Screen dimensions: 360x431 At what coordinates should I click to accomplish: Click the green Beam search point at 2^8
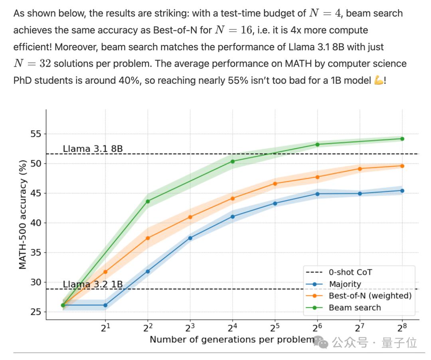402,139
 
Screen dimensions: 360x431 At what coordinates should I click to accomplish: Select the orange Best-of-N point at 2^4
233,198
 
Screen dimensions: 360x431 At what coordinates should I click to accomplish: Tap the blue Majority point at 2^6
318,194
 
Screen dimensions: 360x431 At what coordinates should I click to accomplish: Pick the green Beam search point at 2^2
148,202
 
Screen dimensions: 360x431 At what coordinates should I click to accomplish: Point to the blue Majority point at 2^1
105,305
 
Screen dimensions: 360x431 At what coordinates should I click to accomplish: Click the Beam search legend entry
354,308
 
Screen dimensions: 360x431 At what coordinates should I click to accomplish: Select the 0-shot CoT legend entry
350,273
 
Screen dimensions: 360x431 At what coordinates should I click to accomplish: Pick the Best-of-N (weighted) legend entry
370,296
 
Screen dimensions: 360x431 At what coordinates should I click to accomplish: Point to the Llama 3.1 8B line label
93,149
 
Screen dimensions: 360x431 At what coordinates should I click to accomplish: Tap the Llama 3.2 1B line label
93,285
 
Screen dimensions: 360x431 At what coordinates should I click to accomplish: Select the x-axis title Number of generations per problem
232,340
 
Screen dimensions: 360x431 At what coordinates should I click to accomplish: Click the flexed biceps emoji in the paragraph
378,80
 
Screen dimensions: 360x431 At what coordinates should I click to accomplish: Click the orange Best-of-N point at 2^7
360,169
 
